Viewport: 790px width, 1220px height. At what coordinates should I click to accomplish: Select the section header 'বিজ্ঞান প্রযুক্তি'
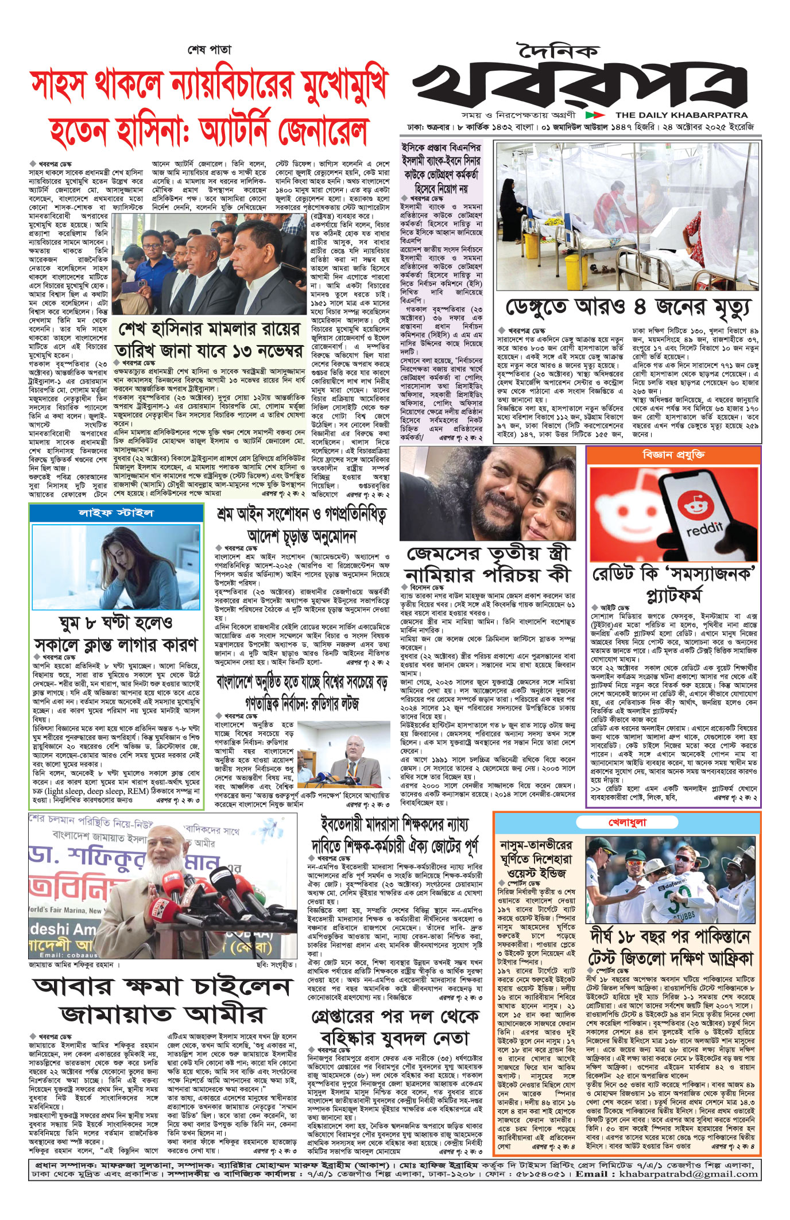673,454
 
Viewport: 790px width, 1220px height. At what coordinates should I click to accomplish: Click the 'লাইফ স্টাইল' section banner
115,513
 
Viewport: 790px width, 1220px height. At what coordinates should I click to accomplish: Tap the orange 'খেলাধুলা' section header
627,822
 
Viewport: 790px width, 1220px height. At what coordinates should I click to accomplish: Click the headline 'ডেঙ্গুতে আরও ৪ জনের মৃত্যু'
628,307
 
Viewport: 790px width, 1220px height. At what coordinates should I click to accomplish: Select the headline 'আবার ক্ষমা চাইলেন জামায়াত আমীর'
161,1001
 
